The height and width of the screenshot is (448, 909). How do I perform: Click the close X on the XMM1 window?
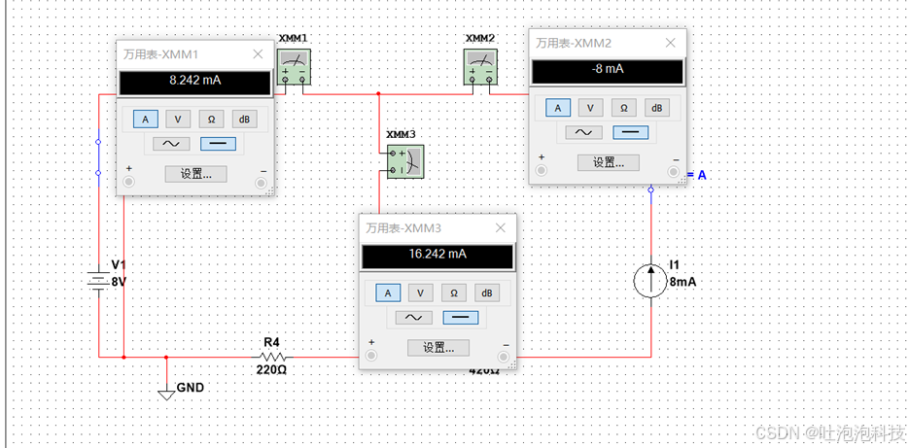(x=258, y=55)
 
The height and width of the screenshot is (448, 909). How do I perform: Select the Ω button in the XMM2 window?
(x=622, y=108)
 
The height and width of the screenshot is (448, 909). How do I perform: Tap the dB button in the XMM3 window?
(x=486, y=293)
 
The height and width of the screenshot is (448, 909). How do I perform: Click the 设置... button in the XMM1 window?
(x=195, y=174)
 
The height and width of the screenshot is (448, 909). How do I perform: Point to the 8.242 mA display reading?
(x=194, y=82)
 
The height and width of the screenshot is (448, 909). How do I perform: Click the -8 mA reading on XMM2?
(x=607, y=70)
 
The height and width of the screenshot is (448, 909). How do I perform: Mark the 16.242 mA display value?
(x=437, y=255)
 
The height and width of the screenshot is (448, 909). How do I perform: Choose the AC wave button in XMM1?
(x=168, y=144)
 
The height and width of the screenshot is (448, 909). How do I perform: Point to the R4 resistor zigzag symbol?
(x=272, y=357)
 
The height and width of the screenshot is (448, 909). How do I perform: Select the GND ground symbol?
(x=166, y=394)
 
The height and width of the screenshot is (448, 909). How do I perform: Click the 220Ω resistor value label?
(x=271, y=370)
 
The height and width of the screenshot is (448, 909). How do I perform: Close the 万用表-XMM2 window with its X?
(x=669, y=43)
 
